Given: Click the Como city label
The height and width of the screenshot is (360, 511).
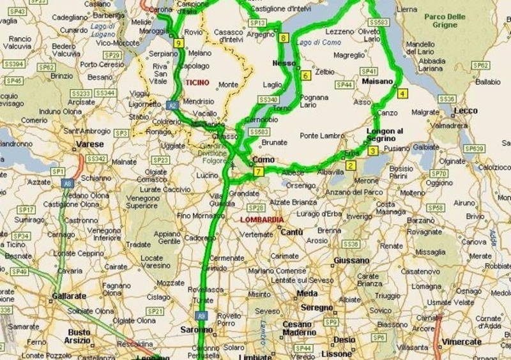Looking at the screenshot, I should tap(263, 160).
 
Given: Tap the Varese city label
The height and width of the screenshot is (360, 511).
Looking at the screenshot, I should tap(89, 144).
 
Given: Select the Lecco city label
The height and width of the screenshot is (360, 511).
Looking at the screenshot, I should tap(466, 110).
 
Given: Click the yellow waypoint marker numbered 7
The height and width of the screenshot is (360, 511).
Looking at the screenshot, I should tap(258, 172).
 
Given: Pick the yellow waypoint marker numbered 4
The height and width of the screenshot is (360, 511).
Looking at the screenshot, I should tap(402, 93).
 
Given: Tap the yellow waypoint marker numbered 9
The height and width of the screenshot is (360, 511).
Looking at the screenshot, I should tap(178, 43).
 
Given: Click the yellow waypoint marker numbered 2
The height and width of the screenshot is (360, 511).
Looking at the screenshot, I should tap(350, 166).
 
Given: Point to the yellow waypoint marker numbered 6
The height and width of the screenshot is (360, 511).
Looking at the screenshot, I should tap(305, 75).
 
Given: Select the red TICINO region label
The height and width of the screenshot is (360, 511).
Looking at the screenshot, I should tap(197, 83).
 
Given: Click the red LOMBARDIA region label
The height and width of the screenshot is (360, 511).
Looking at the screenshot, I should tap(262, 220).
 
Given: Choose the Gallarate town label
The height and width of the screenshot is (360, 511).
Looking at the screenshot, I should tap(68, 297).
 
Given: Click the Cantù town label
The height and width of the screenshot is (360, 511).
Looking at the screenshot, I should tap(291, 232).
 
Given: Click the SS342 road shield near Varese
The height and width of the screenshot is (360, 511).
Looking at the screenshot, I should tap(96, 158).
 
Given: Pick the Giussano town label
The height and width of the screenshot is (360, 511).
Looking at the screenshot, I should tap(351, 260).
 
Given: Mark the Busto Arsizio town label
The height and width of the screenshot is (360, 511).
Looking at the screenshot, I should tap(79, 336).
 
